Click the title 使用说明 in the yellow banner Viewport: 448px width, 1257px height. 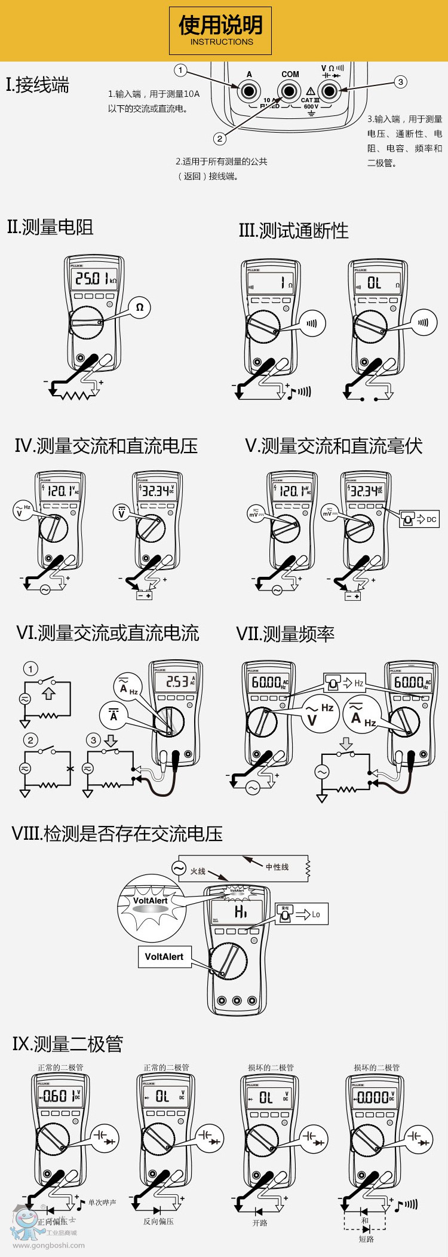click(x=220, y=26)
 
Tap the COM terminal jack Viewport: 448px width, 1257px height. click(x=289, y=91)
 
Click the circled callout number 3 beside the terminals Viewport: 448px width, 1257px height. click(x=400, y=82)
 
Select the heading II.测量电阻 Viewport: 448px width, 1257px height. click(x=50, y=227)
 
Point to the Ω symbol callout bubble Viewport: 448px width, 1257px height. click(x=140, y=307)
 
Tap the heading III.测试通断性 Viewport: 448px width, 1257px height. click(x=293, y=231)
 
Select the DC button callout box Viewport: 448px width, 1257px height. click(x=420, y=519)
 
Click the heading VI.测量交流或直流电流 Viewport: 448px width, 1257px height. click(x=108, y=633)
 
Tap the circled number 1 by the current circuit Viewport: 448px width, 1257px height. click(x=30, y=669)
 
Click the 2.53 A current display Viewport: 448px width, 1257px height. click(x=176, y=681)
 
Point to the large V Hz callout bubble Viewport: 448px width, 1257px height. click(x=319, y=714)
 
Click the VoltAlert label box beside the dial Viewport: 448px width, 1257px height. click(x=164, y=956)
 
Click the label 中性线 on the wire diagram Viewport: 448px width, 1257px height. click(x=277, y=867)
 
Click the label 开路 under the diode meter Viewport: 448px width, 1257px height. click(x=260, y=1223)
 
